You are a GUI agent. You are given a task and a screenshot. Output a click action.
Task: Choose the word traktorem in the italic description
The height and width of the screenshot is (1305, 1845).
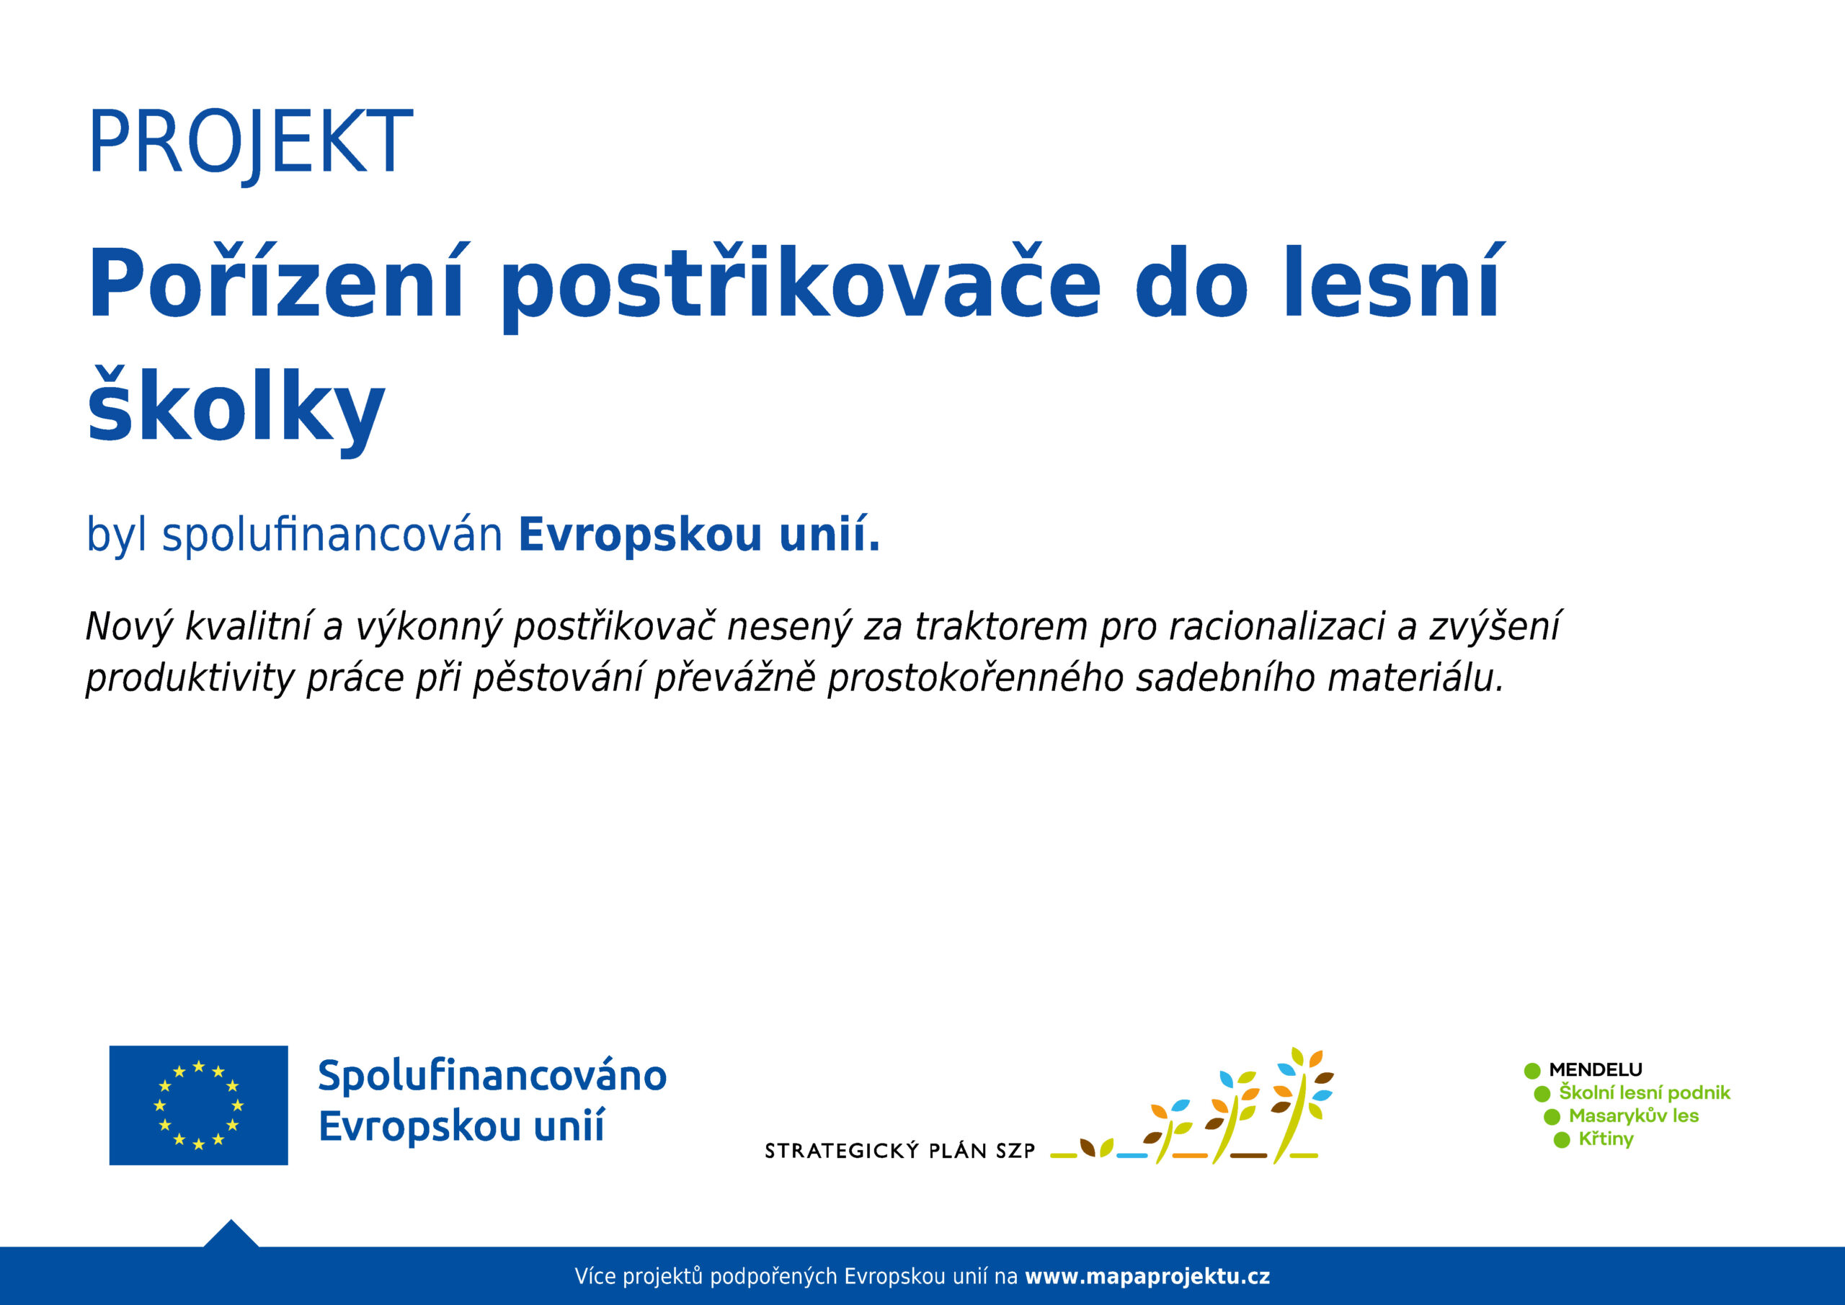[1001, 627]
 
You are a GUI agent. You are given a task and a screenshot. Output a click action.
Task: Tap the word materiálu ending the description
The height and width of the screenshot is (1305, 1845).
[1415, 677]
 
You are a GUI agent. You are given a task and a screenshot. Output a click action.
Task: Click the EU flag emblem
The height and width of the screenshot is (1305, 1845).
[198, 1105]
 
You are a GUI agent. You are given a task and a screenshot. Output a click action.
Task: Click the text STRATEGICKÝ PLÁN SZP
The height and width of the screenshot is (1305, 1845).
[900, 1151]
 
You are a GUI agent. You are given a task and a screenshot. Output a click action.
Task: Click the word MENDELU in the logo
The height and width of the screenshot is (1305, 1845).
[1596, 1069]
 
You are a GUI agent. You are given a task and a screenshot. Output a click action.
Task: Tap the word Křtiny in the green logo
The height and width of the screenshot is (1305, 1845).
[1606, 1139]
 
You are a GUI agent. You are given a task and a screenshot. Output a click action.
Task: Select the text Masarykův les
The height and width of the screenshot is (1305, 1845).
[1634, 1115]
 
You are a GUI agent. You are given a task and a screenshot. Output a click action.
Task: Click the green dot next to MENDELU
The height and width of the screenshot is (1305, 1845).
[1532, 1070]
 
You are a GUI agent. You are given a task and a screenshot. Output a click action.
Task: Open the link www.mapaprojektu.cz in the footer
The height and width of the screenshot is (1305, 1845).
[1147, 1276]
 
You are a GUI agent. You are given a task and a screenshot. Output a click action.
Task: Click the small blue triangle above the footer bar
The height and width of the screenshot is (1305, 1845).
[231, 1235]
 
